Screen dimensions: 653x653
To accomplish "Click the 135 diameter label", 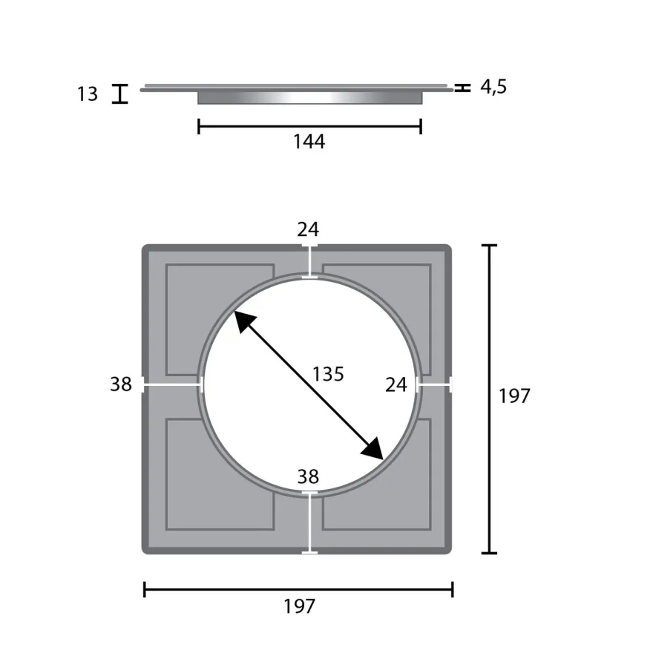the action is click(x=328, y=374).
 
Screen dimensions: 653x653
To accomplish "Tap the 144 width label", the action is click(x=309, y=142).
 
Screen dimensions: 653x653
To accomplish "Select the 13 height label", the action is click(x=88, y=93).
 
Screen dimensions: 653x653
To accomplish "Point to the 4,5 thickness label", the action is click(x=493, y=87).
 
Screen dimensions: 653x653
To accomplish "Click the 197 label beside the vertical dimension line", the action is click(x=514, y=396).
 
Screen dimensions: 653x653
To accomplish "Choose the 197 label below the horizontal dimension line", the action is click(x=300, y=606).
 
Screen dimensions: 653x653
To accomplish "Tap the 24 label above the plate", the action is click(x=308, y=229).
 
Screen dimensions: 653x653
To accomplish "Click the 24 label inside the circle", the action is click(x=396, y=385).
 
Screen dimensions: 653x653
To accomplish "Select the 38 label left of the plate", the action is click(x=121, y=384).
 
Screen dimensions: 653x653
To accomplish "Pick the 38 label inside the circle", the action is click(x=308, y=476).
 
